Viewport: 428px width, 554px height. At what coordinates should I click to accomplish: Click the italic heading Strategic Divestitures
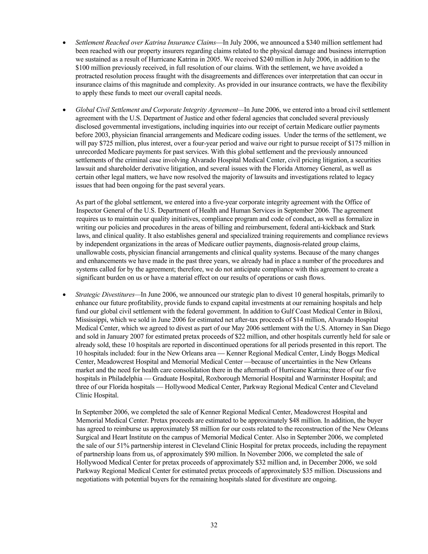[105, 295]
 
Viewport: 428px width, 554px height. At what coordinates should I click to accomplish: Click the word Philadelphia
[125, 378]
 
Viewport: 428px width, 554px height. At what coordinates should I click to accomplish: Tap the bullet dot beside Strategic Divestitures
[64, 295]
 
